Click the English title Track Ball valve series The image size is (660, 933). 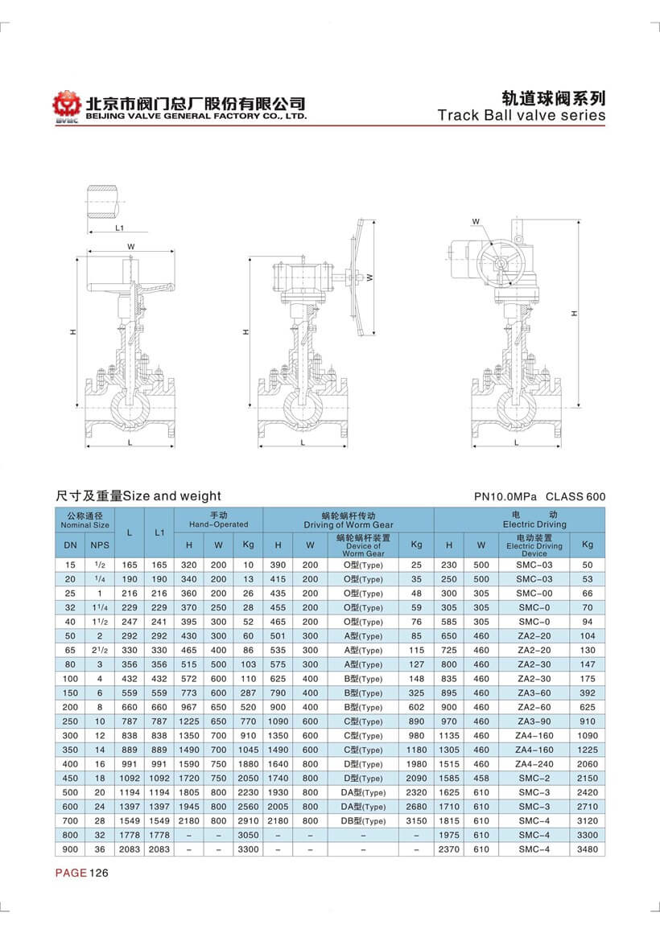pos(521,115)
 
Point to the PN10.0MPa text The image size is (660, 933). pos(505,497)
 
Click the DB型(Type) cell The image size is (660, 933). pos(363,820)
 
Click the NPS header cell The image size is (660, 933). pos(103,545)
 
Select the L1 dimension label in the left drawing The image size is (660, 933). pos(119,228)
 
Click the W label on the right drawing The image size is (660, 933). pos(476,221)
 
